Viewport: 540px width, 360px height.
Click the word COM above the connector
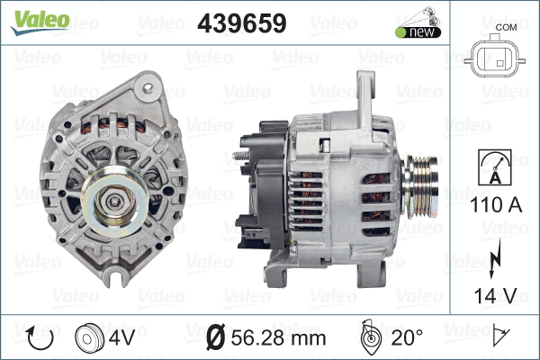pyautogui.click(x=506, y=26)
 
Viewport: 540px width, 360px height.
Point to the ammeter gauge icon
pyautogui.click(x=493, y=171)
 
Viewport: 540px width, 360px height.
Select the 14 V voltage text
pyautogui.click(x=493, y=294)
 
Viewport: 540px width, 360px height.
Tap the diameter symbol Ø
pyautogui.click(x=215, y=339)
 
